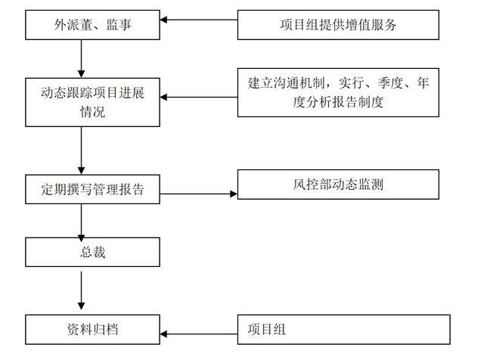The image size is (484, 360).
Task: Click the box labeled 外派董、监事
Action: [x=92, y=25]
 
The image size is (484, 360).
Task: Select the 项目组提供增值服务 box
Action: [x=338, y=25]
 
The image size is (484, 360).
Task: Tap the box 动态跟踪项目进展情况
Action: [x=92, y=102]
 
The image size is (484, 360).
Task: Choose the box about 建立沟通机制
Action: [x=338, y=92]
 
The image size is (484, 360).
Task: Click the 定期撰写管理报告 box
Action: [x=92, y=189]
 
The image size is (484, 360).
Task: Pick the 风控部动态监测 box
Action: [x=338, y=185]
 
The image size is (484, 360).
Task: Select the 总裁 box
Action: [x=92, y=252]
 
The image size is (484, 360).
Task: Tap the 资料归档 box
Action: [x=92, y=330]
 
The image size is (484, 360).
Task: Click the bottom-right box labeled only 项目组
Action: [x=343, y=330]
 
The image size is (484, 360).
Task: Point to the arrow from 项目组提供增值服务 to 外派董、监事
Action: [x=199, y=20]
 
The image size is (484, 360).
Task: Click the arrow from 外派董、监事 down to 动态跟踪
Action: [x=81, y=59]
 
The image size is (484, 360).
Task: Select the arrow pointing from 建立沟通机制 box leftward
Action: [x=199, y=98]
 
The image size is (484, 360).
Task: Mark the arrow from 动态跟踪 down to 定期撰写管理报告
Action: [x=81, y=151]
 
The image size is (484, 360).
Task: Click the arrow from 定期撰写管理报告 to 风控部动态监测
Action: [x=199, y=194]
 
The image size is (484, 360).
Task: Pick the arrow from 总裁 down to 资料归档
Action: [x=81, y=290]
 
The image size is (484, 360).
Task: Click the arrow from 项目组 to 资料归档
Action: [x=199, y=334]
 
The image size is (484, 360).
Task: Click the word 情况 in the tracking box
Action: [x=92, y=112]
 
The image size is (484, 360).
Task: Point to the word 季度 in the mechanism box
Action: [x=390, y=82]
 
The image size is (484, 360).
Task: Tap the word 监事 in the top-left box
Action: [x=119, y=25]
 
